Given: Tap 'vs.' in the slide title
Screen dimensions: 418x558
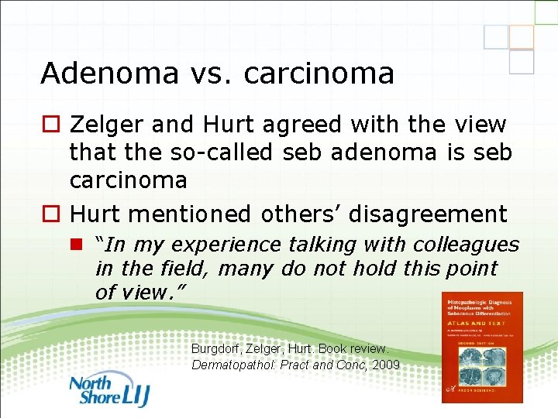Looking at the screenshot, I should (203, 74).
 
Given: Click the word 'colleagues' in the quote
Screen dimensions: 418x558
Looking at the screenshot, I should (468, 245).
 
